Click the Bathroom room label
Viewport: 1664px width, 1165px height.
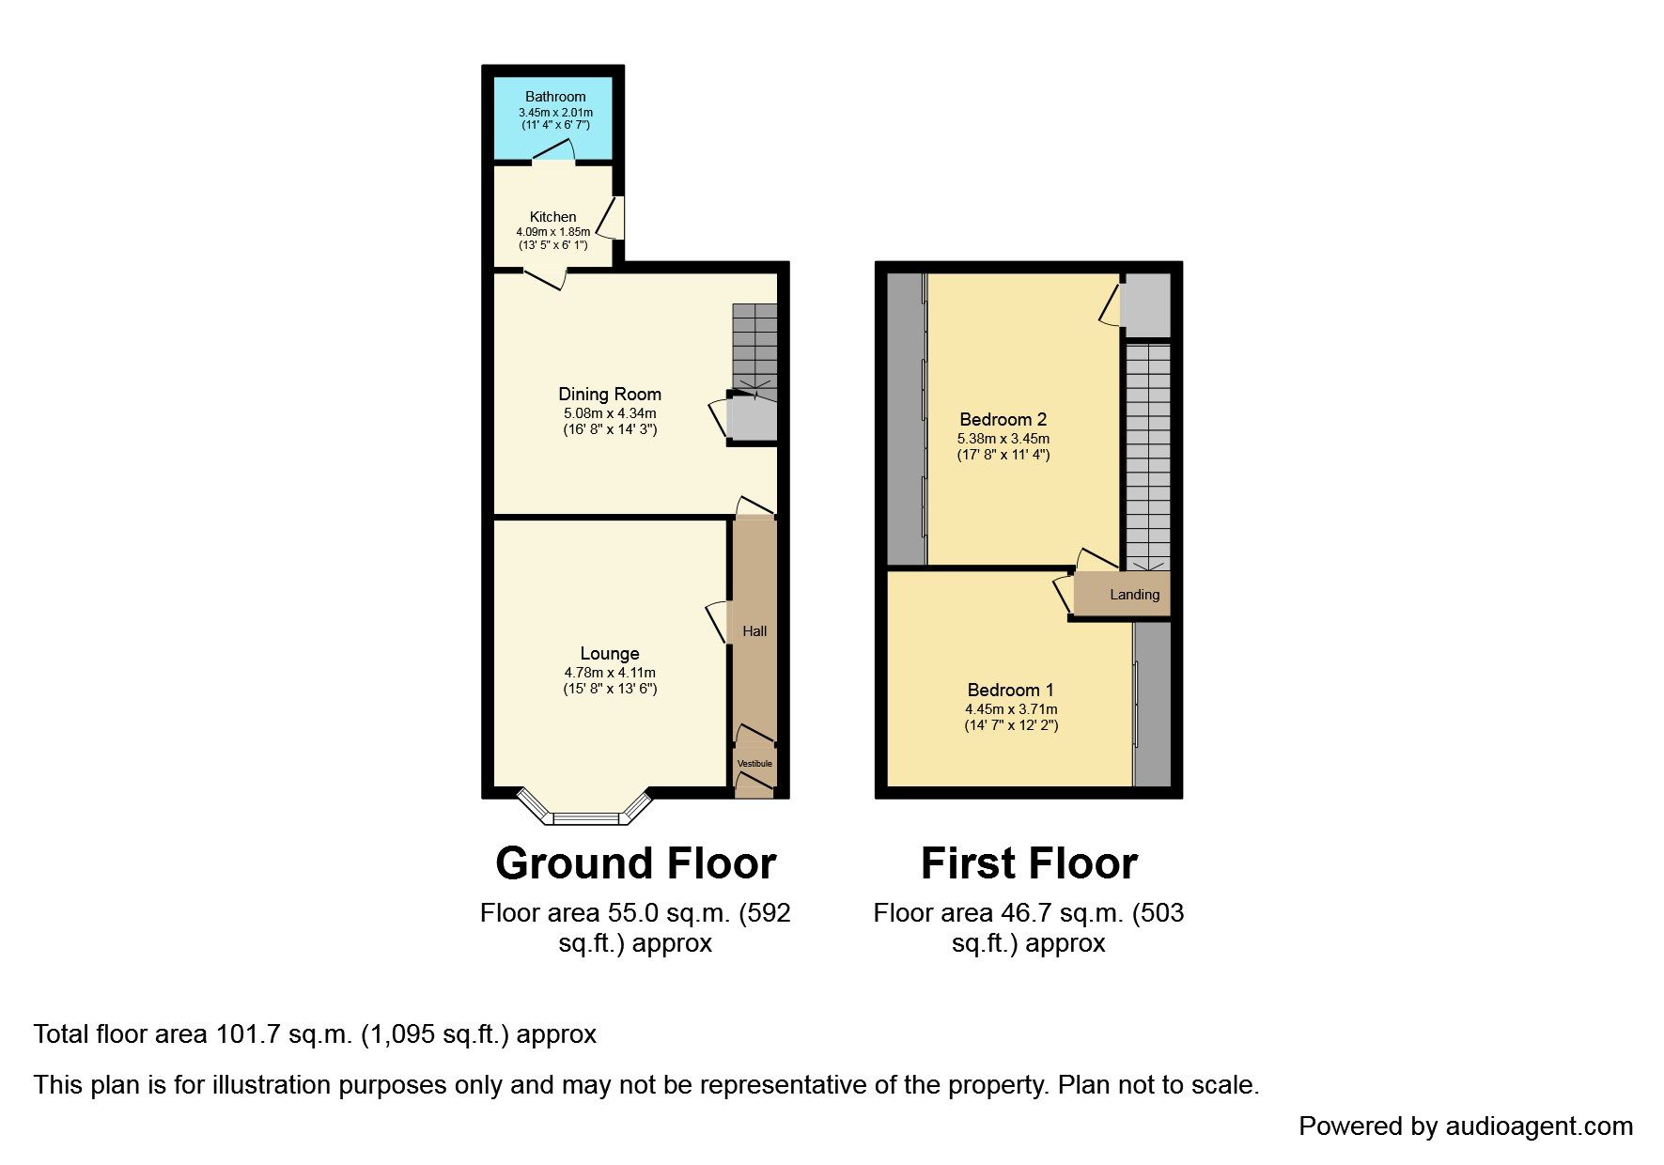pos(555,97)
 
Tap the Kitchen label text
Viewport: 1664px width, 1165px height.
pos(553,217)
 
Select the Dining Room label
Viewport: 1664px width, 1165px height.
pos(610,395)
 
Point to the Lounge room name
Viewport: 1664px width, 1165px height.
pos(610,654)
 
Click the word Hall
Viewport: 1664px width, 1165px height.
pos(754,631)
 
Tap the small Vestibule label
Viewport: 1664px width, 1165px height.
pos(754,764)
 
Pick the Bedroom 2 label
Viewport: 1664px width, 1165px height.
pos(1003,420)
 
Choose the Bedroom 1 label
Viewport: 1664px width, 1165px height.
pos(1011,691)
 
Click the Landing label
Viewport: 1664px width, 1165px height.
pos(1135,595)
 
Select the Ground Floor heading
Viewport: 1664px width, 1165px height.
pos(636,863)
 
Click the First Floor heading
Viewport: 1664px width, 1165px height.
pos(1029,863)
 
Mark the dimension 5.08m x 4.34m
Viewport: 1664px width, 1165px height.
pos(610,413)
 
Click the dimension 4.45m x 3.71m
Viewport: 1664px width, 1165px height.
pos(1011,709)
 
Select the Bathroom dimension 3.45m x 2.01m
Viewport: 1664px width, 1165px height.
pos(555,113)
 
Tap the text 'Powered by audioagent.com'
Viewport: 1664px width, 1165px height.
pos(1466,1126)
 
